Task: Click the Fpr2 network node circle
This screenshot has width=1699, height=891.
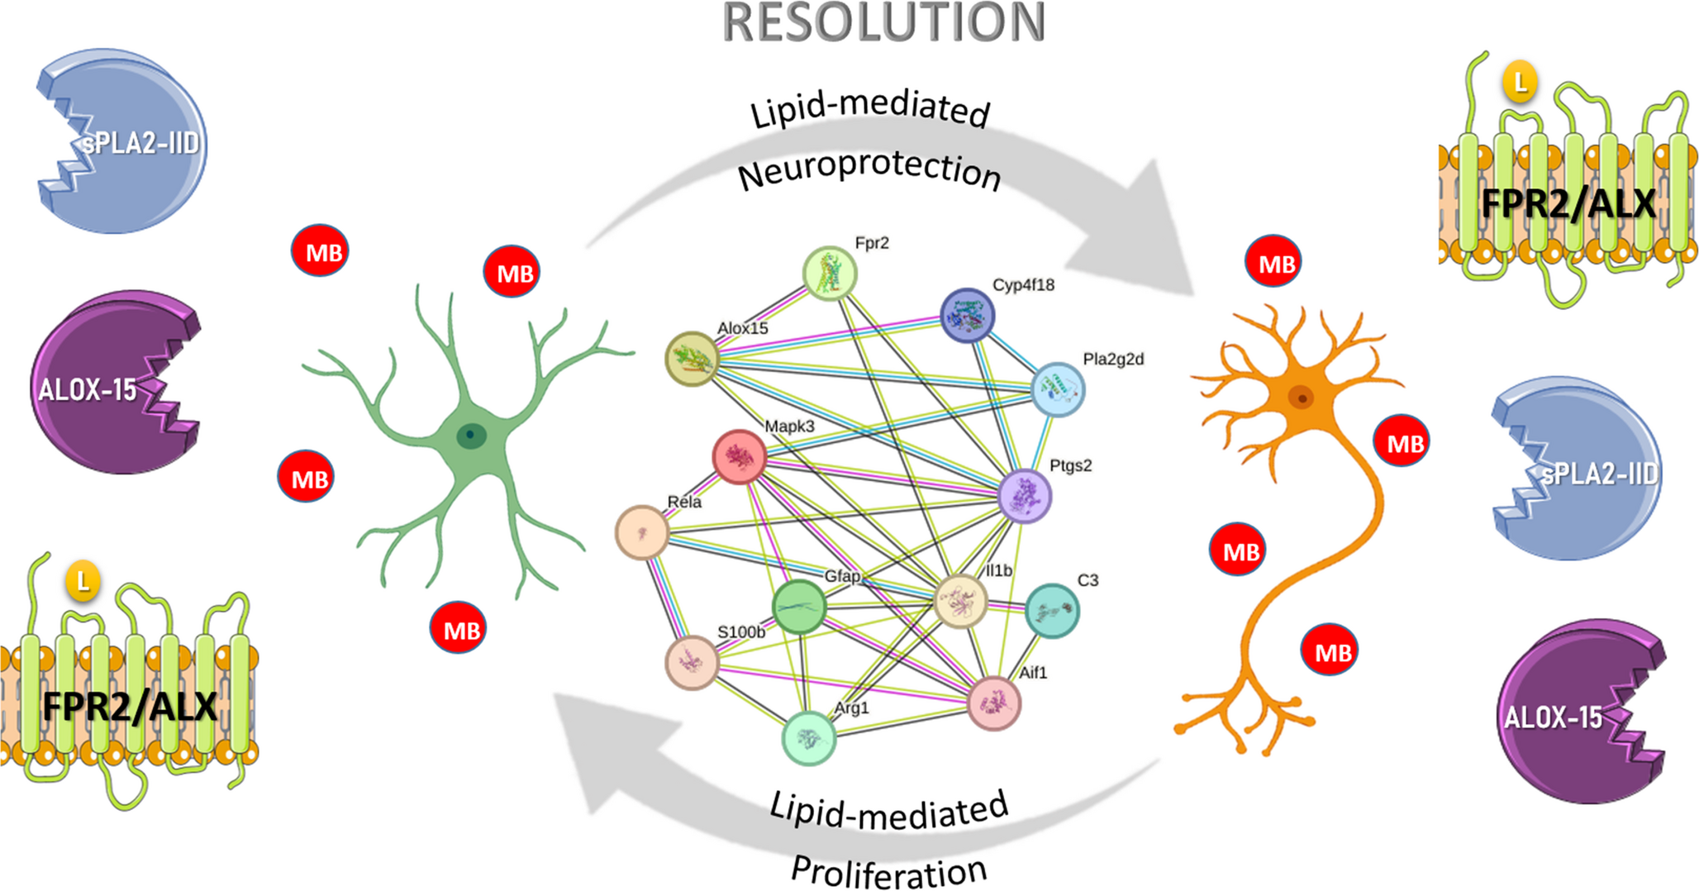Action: (x=830, y=273)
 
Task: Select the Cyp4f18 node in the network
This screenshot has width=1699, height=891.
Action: (x=967, y=315)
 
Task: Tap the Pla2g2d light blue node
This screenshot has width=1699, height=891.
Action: (x=1058, y=388)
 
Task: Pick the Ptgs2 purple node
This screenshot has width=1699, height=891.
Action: (x=1025, y=496)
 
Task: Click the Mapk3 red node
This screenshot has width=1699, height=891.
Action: (x=739, y=456)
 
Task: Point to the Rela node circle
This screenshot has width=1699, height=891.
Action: (x=642, y=532)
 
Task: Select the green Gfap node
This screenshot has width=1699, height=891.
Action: (x=799, y=607)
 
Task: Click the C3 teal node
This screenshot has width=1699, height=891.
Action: (x=1052, y=611)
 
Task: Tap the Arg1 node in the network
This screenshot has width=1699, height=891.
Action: (x=809, y=738)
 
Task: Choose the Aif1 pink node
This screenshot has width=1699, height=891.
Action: (x=994, y=703)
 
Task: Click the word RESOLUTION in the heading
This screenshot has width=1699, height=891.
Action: (x=884, y=23)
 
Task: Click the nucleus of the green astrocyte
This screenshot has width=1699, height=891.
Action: (x=472, y=435)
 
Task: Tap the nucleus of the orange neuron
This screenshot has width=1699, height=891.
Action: (x=1302, y=398)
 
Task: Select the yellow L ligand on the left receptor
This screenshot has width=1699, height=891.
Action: (x=83, y=582)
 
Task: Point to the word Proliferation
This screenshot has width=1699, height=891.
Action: (x=889, y=871)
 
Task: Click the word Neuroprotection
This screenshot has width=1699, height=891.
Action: (x=869, y=170)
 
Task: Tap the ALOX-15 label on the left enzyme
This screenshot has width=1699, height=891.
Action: (x=88, y=389)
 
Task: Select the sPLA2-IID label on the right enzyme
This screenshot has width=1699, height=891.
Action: (x=1599, y=474)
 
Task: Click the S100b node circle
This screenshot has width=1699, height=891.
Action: (x=692, y=662)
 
